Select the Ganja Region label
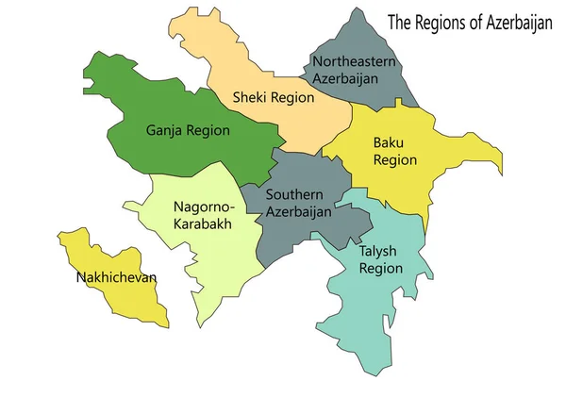click(x=188, y=130)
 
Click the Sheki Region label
click(x=273, y=97)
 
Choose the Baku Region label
click(x=394, y=151)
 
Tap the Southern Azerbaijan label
click(x=298, y=203)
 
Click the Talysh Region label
click(x=381, y=259)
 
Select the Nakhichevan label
click(x=116, y=277)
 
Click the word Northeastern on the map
click(x=354, y=61)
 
